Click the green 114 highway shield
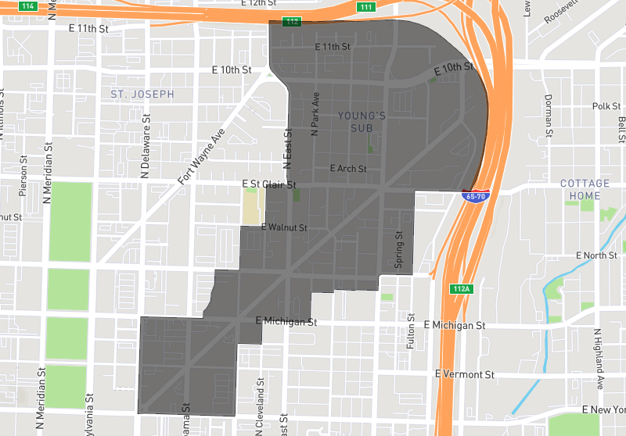pyautogui.click(x=29, y=6)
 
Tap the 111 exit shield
pyautogui.click(x=365, y=7)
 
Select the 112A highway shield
pyautogui.click(x=462, y=289)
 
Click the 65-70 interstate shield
pyautogui.click(x=474, y=197)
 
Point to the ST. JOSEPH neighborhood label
pyautogui.click(x=142, y=94)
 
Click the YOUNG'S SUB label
pyautogui.click(x=362, y=122)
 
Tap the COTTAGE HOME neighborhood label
pyautogui.click(x=585, y=190)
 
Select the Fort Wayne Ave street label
pyautogui.click(x=200, y=156)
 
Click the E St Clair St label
pyautogui.click(x=269, y=185)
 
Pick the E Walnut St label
pyautogui.click(x=283, y=227)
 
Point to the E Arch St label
pyautogui.click(x=347, y=168)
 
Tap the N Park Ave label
pyautogui.click(x=315, y=116)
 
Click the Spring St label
pyautogui.click(x=398, y=250)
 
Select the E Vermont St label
pyautogui.click(x=465, y=374)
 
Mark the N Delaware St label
pyautogui.click(x=145, y=152)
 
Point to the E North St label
pyautogui.click(x=596, y=256)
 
